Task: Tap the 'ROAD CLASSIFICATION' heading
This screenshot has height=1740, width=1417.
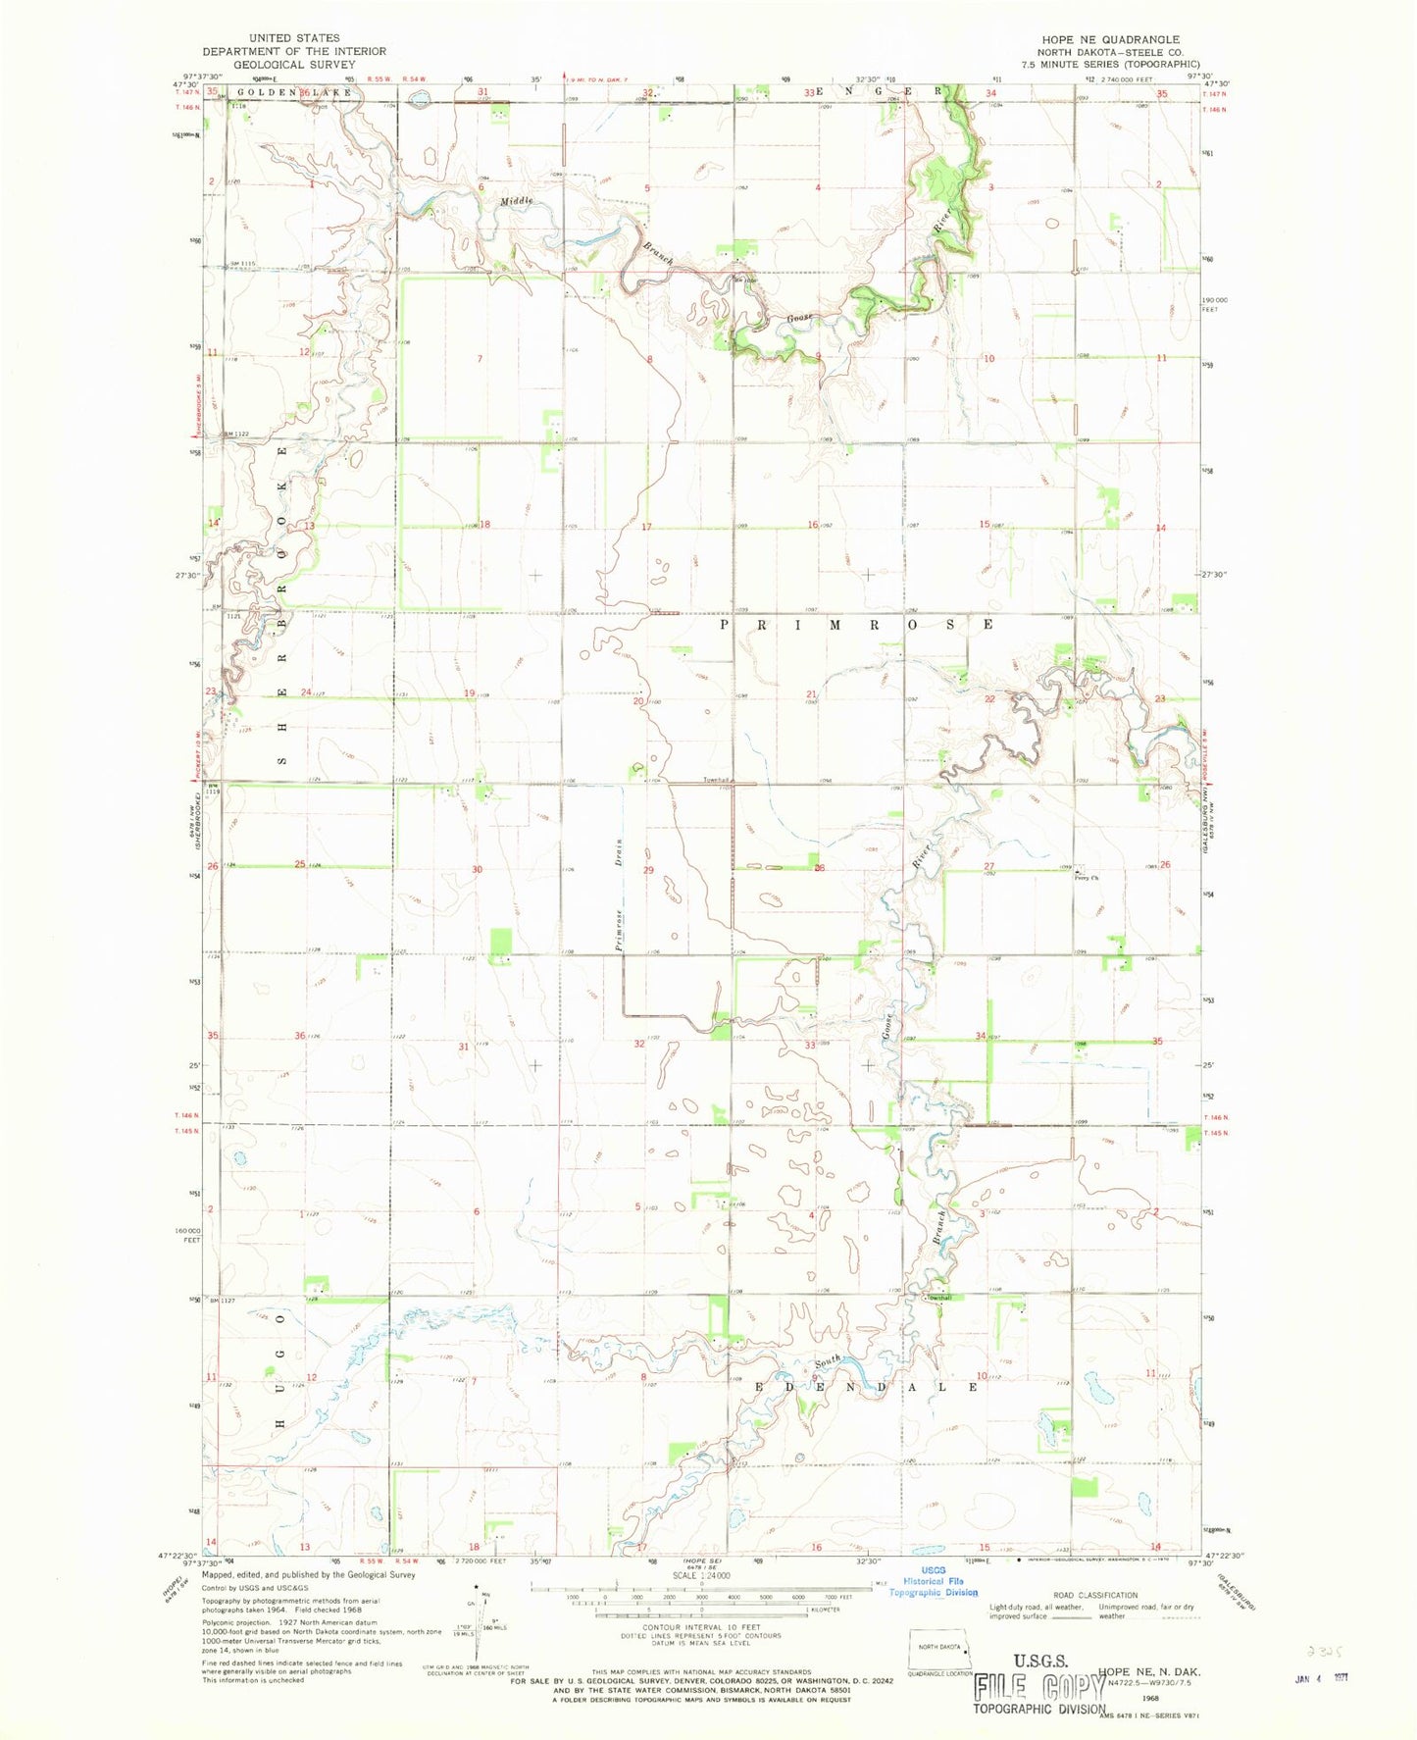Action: [1095, 1622]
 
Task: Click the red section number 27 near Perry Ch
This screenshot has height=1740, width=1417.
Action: [988, 865]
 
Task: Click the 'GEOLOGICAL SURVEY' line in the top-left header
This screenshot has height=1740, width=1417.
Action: [294, 64]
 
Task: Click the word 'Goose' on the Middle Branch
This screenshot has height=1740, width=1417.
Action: [796, 320]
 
